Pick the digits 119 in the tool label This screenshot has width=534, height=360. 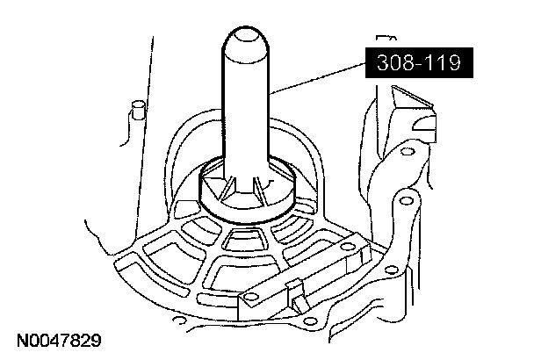[x=438, y=63]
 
